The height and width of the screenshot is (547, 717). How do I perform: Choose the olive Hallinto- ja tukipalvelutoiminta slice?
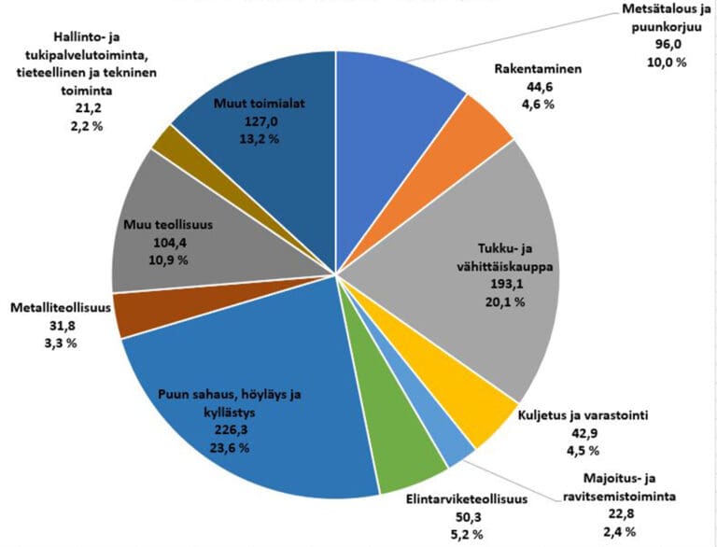pos(164,142)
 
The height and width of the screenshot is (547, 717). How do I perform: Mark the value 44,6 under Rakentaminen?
pos(536,88)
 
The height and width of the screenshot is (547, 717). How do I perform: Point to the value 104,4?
pos(169,243)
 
